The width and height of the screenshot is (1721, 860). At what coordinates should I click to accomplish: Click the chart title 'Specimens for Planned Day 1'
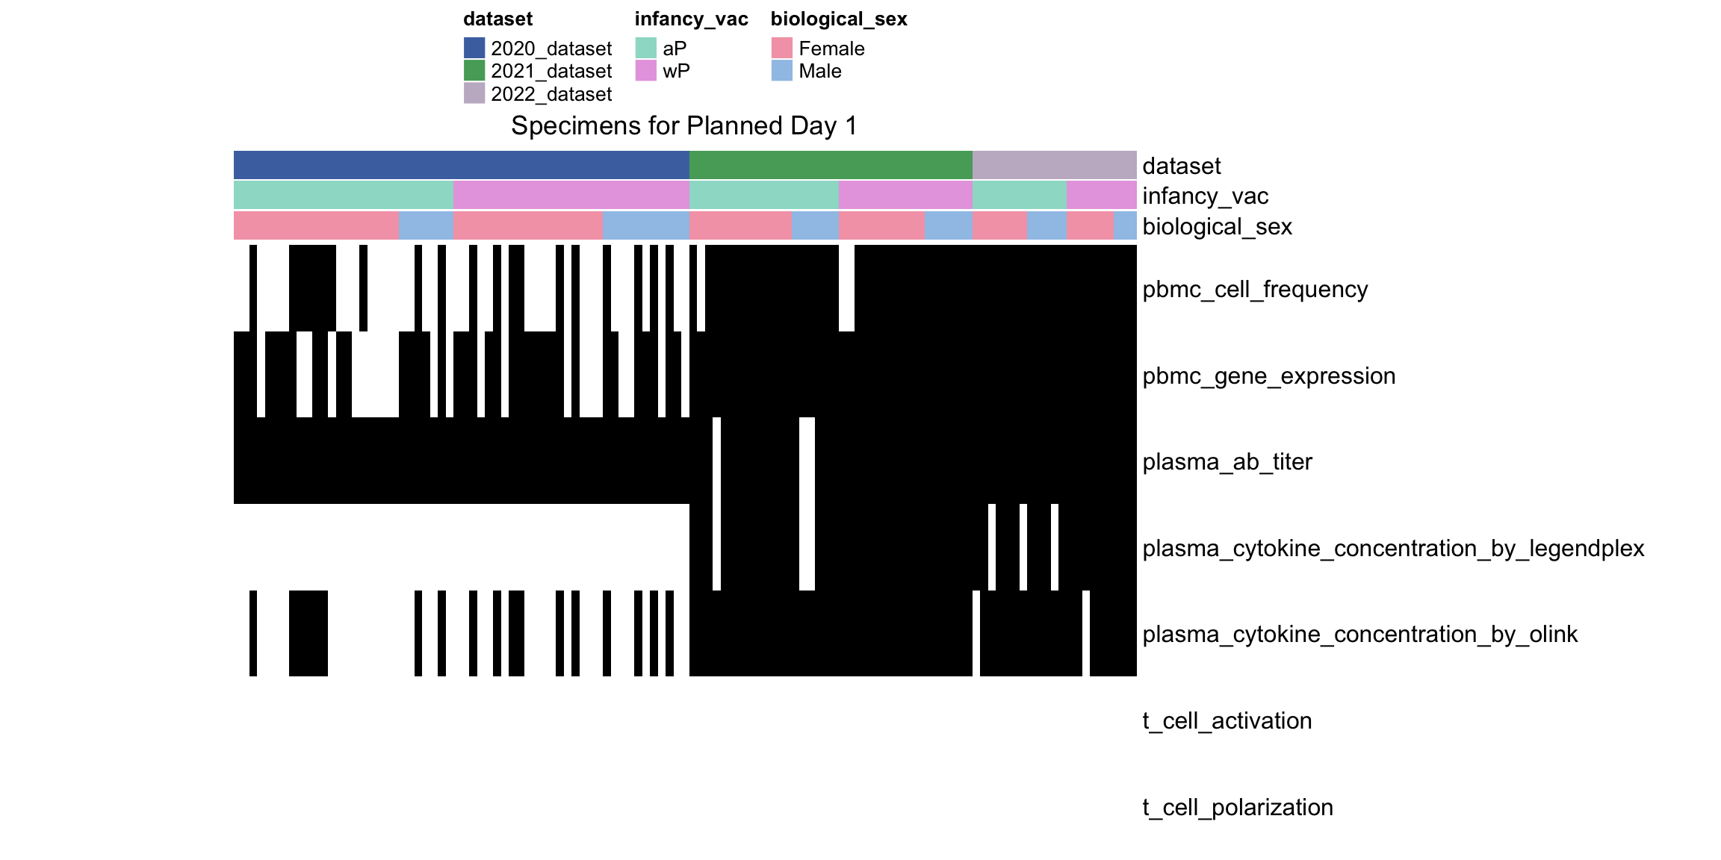[683, 125]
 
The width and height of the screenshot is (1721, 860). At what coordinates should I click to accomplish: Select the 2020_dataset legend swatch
[474, 48]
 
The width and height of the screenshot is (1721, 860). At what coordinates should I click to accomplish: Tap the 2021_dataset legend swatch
[474, 70]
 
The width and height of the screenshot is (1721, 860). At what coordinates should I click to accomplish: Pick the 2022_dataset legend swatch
[474, 93]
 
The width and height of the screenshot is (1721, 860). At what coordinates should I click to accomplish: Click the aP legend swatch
[646, 48]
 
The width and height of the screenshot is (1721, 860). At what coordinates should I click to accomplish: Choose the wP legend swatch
[646, 70]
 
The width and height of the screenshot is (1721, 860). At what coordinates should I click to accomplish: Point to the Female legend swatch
[782, 48]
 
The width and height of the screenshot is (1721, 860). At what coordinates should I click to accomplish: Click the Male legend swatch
[782, 70]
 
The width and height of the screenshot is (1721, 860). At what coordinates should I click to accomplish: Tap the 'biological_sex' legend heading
[839, 19]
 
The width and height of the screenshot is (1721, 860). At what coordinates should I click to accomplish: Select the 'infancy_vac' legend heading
[691, 19]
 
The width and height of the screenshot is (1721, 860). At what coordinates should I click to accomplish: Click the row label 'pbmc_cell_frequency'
[1255, 289]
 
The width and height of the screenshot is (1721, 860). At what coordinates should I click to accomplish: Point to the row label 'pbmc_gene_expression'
[1269, 376]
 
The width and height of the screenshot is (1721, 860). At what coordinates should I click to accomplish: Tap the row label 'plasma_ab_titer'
[1227, 461]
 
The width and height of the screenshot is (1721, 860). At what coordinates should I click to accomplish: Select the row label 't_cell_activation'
[1227, 720]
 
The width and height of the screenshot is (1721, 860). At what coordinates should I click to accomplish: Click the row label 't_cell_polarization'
[1238, 807]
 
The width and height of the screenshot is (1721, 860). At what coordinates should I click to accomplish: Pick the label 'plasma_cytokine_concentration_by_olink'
[1360, 634]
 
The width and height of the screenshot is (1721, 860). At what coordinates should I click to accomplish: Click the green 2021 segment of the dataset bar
[831, 165]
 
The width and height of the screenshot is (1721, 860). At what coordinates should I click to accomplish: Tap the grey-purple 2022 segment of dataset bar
[1055, 165]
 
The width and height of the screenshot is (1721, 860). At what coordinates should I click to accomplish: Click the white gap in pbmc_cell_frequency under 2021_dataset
[846, 288]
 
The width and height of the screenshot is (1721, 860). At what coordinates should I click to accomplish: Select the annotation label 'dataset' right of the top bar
[1182, 166]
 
